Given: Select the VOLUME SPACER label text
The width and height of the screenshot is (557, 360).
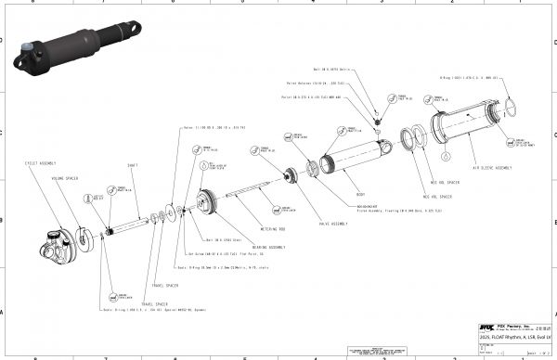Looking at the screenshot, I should (x=64, y=178).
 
